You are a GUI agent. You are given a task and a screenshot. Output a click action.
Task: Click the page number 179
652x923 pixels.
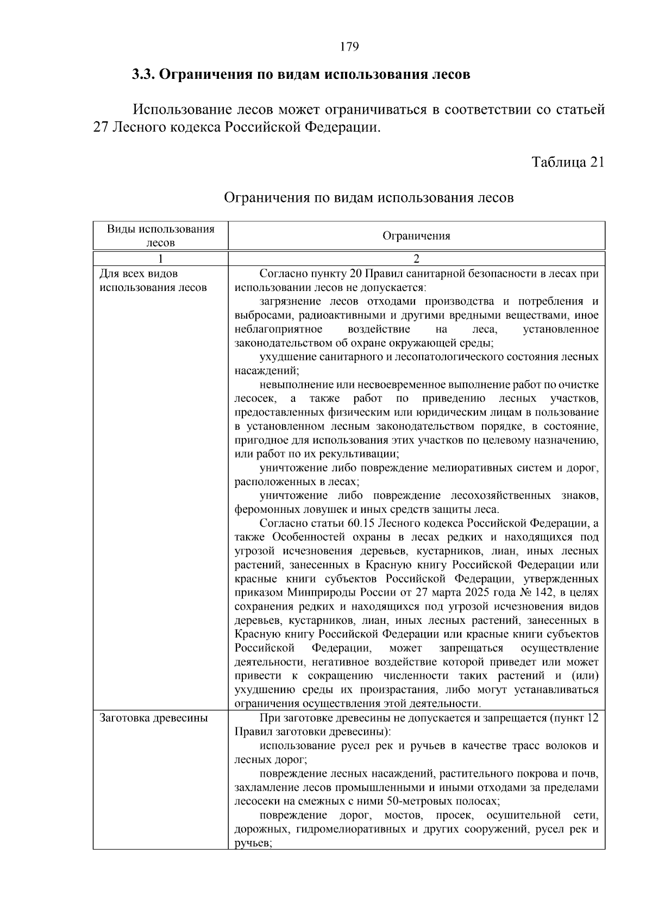[349, 47]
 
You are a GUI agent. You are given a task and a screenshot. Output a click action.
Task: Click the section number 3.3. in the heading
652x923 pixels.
[144, 75]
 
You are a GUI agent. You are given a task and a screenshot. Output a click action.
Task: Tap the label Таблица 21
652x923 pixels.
[568, 162]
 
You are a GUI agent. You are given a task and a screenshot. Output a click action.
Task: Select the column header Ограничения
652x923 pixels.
[416, 236]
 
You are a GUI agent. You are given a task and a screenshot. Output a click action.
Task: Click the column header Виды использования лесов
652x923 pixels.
[160, 236]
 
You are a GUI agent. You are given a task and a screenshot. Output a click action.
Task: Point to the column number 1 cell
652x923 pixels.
[160, 259]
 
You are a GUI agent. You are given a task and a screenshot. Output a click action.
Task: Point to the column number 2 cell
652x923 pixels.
[416, 259]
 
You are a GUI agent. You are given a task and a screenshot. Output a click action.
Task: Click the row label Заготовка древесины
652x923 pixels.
[154, 718]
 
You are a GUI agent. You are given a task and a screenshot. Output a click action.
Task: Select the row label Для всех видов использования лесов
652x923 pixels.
[153, 281]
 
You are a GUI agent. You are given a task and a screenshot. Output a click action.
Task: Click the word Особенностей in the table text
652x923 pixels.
[308, 537]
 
